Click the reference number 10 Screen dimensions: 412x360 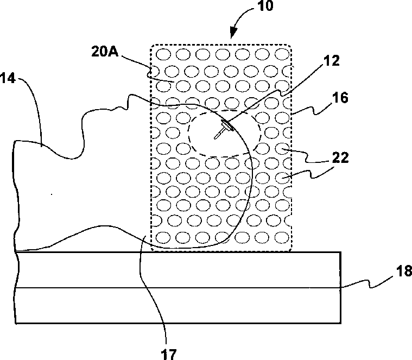click(265, 6)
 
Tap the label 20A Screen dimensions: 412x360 click(105, 52)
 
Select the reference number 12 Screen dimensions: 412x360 click(332, 61)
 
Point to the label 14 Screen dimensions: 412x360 click(8, 79)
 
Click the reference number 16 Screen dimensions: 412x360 click(340, 98)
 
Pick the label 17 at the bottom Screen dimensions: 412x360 click(168, 354)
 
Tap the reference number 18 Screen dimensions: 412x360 click(404, 270)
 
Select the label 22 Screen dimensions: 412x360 click(340, 157)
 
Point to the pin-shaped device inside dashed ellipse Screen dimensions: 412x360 click(223, 129)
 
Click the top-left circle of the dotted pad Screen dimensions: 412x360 click(163, 55)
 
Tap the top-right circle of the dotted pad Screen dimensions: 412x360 click(282, 54)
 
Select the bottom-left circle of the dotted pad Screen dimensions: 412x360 click(163, 238)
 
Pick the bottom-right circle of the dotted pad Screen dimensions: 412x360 click(282, 238)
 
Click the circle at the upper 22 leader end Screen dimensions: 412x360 click(282, 149)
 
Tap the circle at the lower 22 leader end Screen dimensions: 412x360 click(282, 178)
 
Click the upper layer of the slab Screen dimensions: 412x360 click(179, 270)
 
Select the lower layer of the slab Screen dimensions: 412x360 click(178, 305)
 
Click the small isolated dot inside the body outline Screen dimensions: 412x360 click(52, 194)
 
